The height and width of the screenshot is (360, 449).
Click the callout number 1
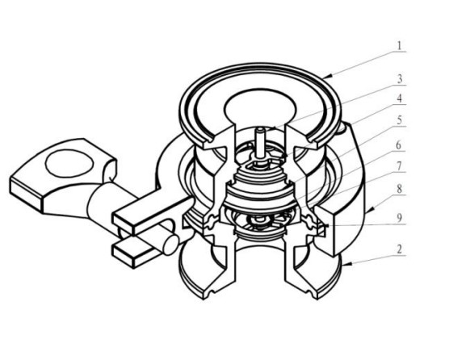coord(400,45)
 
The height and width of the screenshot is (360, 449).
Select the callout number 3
coord(400,78)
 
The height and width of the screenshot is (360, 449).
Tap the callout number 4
coord(400,98)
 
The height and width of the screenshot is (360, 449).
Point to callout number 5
coord(400,120)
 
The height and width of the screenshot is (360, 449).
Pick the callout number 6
coord(399,145)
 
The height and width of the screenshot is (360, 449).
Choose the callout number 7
coord(399,165)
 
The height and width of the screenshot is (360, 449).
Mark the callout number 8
coord(399,189)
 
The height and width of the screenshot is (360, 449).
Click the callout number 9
coord(400,218)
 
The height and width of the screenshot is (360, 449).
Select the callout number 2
coord(400,249)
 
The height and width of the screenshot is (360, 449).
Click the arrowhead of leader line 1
coord(326,77)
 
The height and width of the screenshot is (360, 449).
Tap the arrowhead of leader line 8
coord(370,211)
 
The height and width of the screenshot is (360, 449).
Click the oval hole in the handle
coord(69,163)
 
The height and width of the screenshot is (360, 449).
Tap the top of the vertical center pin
coord(260,129)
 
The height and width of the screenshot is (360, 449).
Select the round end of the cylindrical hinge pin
coord(171,245)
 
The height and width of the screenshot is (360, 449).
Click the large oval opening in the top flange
coord(260,107)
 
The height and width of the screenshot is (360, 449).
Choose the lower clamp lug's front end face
coord(124,257)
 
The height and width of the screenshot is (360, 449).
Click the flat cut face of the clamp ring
coord(325,230)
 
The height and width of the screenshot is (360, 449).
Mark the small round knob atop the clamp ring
coord(344,128)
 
